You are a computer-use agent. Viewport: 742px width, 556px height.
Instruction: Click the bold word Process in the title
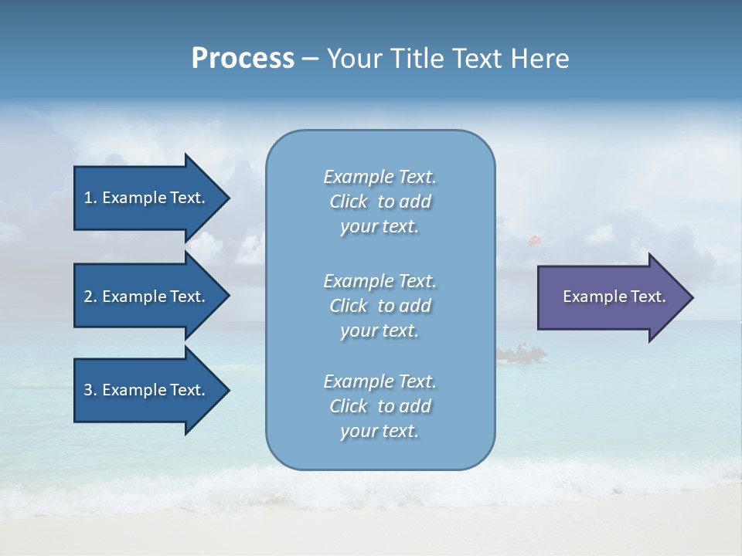(x=243, y=59)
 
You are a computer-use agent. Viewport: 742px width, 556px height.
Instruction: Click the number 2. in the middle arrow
(x=90, y=297)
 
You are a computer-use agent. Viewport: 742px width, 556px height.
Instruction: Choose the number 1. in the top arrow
(x=90, y=198)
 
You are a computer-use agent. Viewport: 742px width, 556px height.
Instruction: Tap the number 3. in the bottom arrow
(x=90, y=390)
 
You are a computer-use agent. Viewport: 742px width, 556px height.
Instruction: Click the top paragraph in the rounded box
(x=380, y=202)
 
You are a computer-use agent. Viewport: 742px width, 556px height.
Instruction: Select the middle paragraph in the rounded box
(x=380, y=306)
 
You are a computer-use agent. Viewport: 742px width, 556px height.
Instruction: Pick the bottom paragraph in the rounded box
(x=380, y=406)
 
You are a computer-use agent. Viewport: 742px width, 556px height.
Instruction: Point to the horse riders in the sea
(x=522, y=354)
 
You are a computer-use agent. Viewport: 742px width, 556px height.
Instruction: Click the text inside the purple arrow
(x=614, y=297)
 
